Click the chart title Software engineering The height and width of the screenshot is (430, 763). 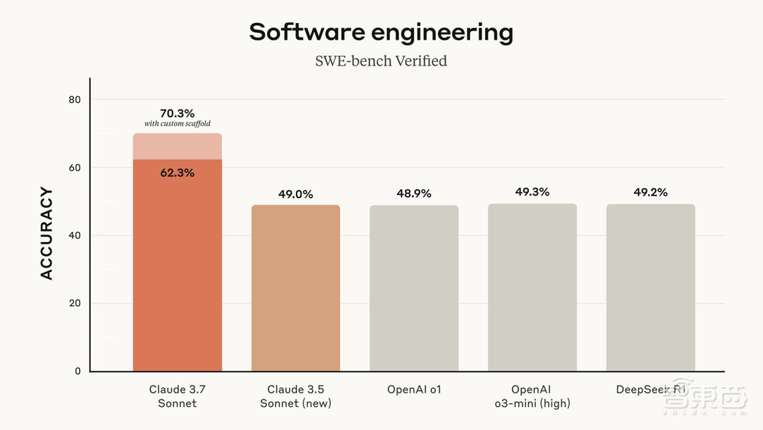pyautogui.click(x=381, y=32)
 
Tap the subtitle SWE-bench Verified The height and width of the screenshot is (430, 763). pyautogui.click(x=381, y=61)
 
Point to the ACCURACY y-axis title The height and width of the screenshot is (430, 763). pyautogui.click(x=47, y=233)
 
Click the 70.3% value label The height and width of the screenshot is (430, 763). pyautogui.click(x=177, y=114)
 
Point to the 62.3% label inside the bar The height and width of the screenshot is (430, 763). pyautogui.click(x=177, y=173)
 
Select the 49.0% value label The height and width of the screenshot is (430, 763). pyautogui.click(x=295, y=194)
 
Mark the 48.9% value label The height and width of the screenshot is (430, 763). pyautogui.click(x=414, y=194)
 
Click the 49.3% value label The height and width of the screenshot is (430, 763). pyautogui.click(x=533, y=192)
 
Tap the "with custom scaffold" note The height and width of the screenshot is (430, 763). pyautogui.click(x=177, y=124)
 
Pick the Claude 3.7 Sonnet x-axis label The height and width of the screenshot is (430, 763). pyautogui.click(x=177, y=396)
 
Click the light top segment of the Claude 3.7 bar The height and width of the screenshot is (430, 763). pyautogui.click(x=177, y=147)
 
